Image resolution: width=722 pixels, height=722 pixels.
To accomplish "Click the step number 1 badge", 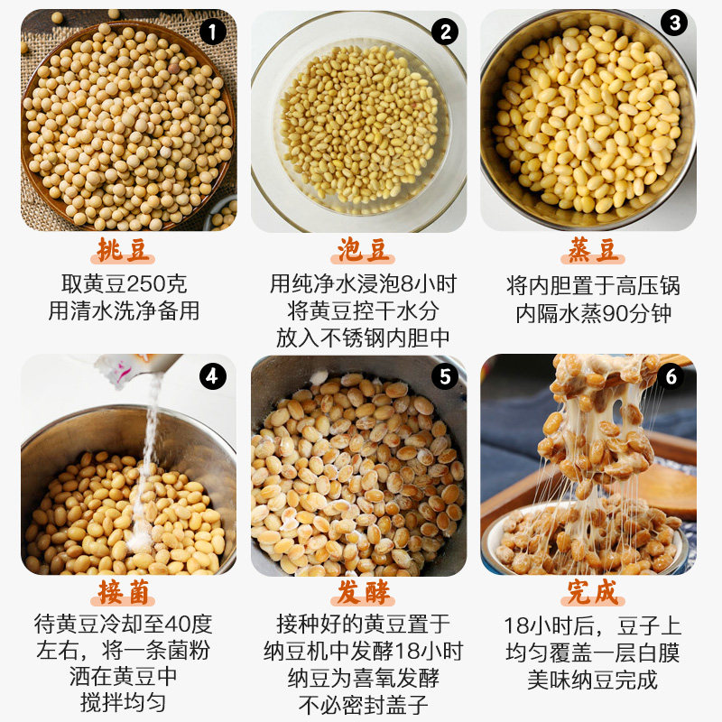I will click(211, 33).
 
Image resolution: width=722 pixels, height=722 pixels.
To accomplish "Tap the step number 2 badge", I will click(444, 33).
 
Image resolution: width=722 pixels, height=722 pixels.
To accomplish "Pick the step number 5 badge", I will click(444, 375).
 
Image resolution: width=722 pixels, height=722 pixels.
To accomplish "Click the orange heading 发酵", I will click(360, 592).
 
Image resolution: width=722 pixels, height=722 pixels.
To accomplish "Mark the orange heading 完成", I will click(591, 592).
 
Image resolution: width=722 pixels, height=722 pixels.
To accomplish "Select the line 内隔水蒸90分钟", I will click(593, 313).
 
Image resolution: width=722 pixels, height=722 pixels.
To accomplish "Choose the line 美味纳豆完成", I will click(593, 680).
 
